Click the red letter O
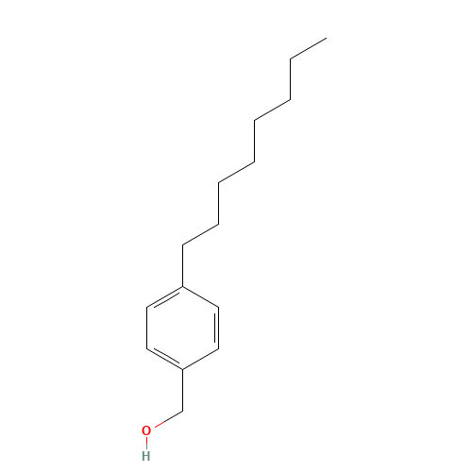(x=145, y=430)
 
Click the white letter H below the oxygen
(x=145, y=455)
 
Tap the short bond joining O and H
(x=145, y=443)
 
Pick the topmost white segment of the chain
(x=308, y=49)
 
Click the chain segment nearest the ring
(x=201, y=234)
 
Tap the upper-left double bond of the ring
(x=165, y=297)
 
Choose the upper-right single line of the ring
(x=200, y=297)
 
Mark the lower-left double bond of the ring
(x=165, y=358)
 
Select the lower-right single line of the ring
(x=200, y=359)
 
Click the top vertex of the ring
(x=182, y=287)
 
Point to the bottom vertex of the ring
(x=182, y=368)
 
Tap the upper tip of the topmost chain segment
(x=326, y=39)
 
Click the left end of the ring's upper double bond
(x=147, y=308)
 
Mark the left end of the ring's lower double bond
(x=147, y=348)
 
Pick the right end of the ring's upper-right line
(x=218, y=308)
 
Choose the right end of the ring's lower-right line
(x=218, y=348)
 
